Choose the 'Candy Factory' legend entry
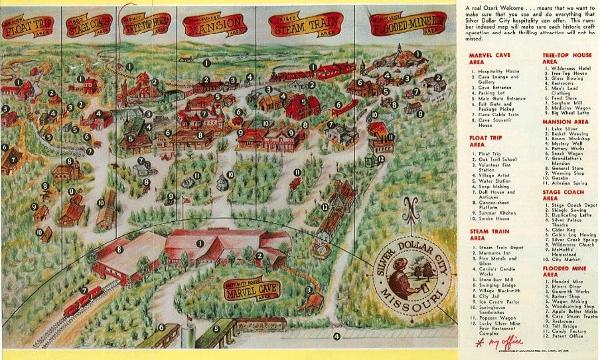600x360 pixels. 571,330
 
